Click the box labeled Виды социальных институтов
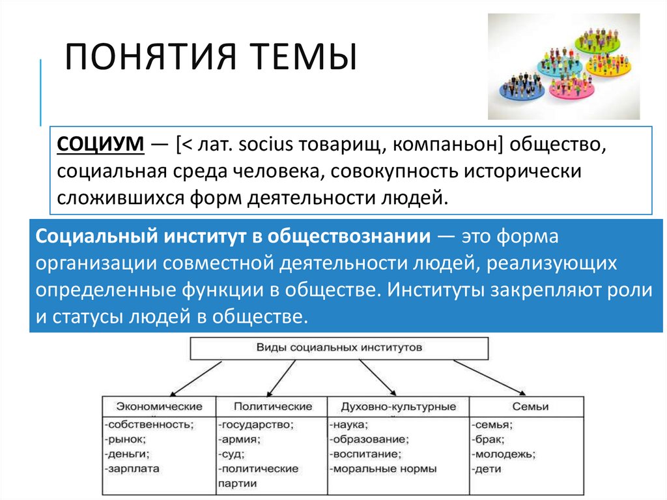point(339,348)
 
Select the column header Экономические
point(159,406)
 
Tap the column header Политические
point(272,406)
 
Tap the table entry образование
point(369,439)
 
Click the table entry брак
point(489,439)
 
